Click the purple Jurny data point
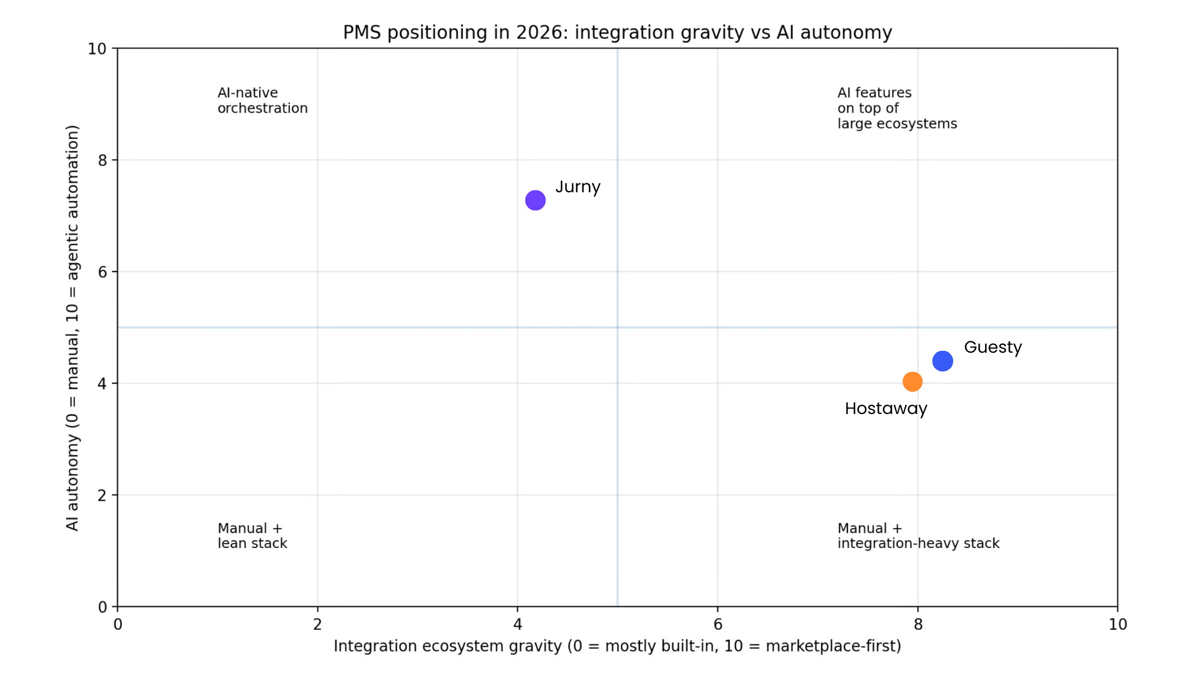coord(535,200)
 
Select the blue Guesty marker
coord(942,361)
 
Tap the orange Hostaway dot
coord(912,382)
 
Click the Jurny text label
coord(578,187)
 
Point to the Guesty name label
coord(992,347)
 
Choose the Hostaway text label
coord(886,409)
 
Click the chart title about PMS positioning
coord(617,32)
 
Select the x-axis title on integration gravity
coord(617,646)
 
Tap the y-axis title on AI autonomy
coord(73,327)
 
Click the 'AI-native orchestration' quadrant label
coord(263,100)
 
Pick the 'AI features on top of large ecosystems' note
coord(897,108)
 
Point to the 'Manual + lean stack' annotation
coord(252,535)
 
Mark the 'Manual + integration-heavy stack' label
coord(918,535)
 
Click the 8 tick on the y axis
coord(103,160)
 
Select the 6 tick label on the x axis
coord(718,624)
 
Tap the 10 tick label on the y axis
coord(97,49)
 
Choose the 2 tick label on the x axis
coord(317,624)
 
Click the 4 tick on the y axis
coord(103,383)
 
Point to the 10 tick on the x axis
coord(1117,624)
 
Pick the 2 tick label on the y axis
coord(103,495)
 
